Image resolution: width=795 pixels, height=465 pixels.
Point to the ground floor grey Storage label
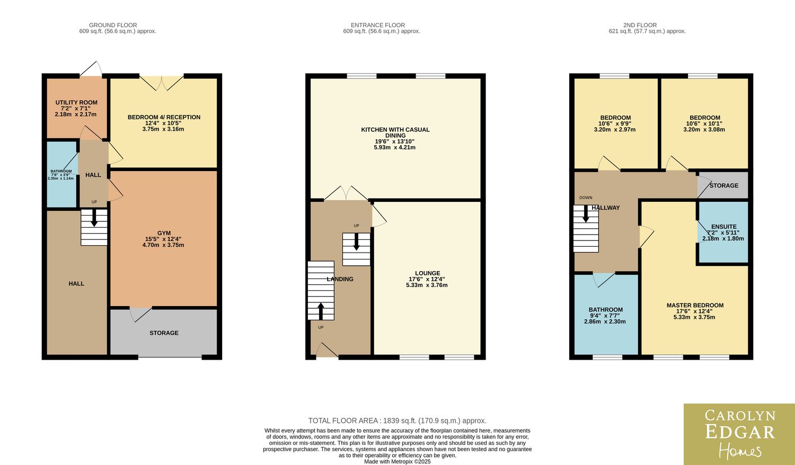click(x=164, y=333)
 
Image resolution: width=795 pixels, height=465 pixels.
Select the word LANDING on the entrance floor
click(x=340, y=279)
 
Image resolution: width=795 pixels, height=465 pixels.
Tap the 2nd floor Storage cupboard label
click(x=724, y=185)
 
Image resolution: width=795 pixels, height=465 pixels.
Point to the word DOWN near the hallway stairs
click(x=586, y=198)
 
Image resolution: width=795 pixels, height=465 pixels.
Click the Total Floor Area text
click(x=397, y=421)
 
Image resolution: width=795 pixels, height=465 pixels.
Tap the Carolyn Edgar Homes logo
click(x=739, y=434)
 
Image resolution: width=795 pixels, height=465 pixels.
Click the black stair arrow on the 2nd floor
click(x=586, y=213)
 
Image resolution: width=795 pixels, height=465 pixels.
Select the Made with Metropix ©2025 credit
click(x=397, y=461)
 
